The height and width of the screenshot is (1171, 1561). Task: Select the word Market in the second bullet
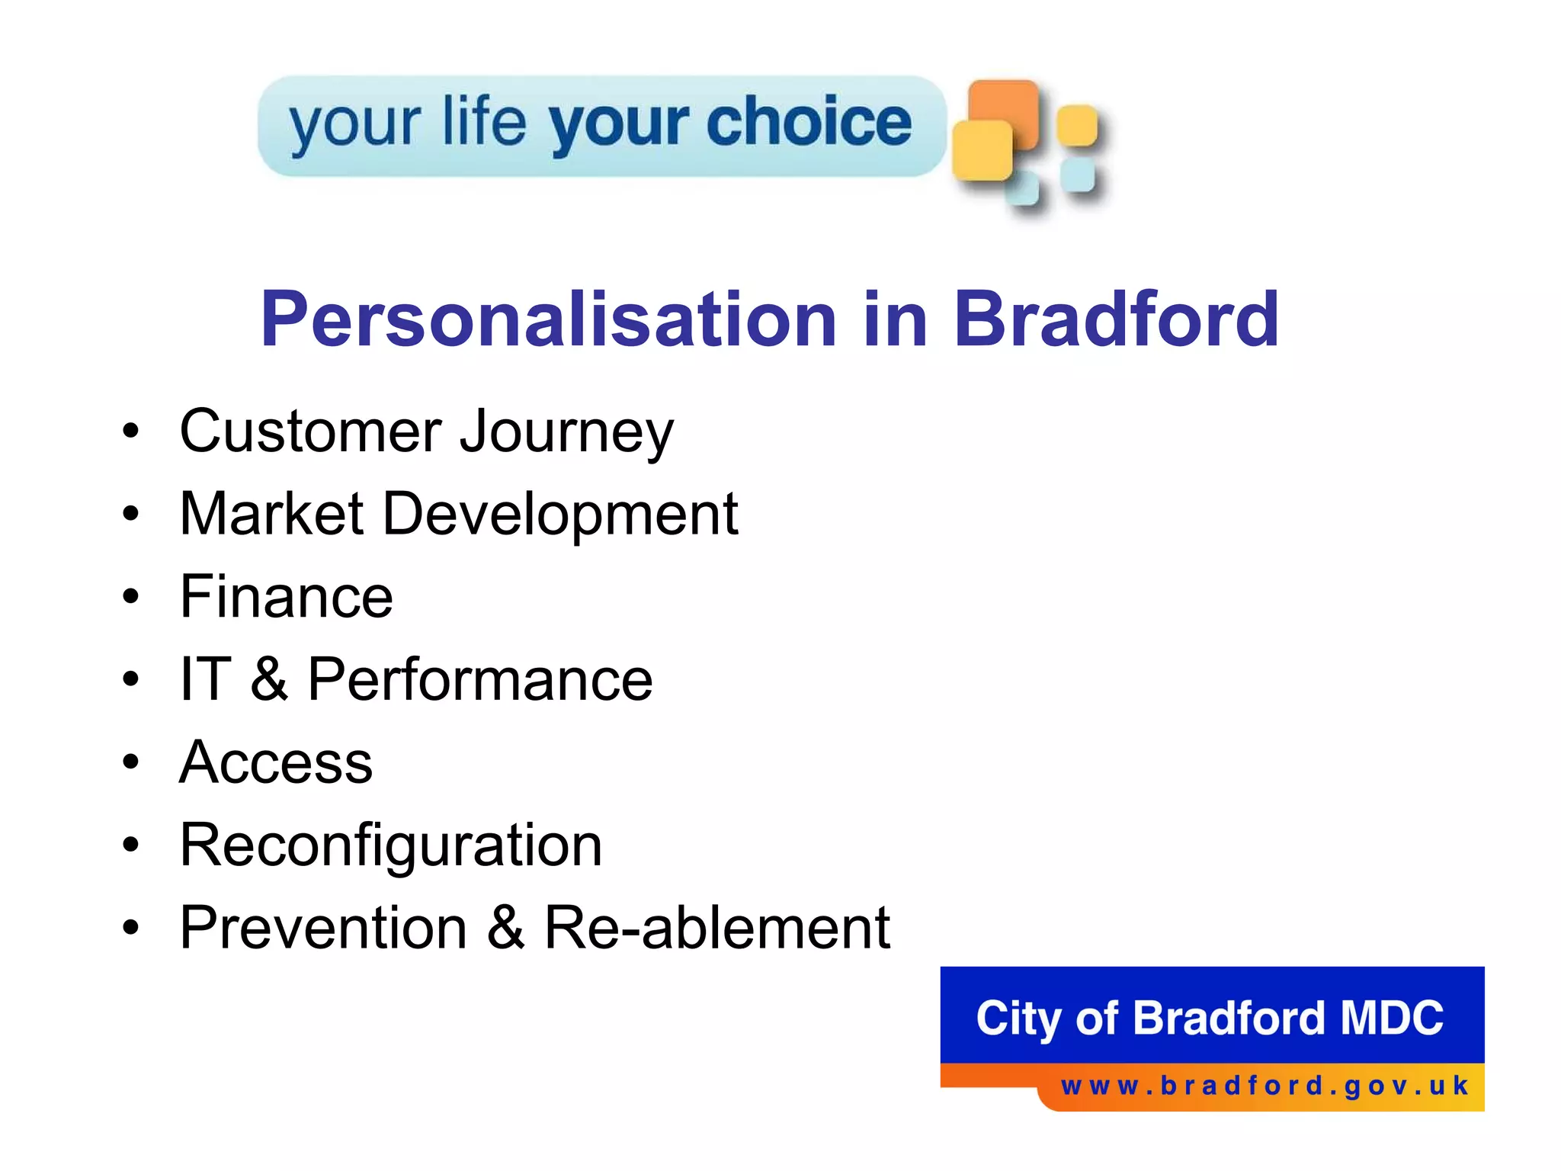pyautogui.click(x=271, y=514)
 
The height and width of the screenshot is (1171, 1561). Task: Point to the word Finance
pyautogui.click(x=286, y=597)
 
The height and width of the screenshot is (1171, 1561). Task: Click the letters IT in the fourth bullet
pyautogui.click(x=205, y=679)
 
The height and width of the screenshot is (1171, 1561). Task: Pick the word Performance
pyautogui.click(x=479, y=680)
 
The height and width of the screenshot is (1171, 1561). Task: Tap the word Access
pyautogui.click(x=276, y=762)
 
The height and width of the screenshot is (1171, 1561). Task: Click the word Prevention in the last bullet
pyautogui.click(x=323, y=928)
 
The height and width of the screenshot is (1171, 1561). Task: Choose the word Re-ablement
pyautogui.click(x=716, y=928)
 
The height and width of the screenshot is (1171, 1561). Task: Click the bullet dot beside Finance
pyautogui.click(x=131, y=596)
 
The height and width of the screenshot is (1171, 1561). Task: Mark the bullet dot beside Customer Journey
pyautogui.click(x=131, y=431)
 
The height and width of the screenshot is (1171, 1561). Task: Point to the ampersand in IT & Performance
pyautogui.click(x=269, y=679)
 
